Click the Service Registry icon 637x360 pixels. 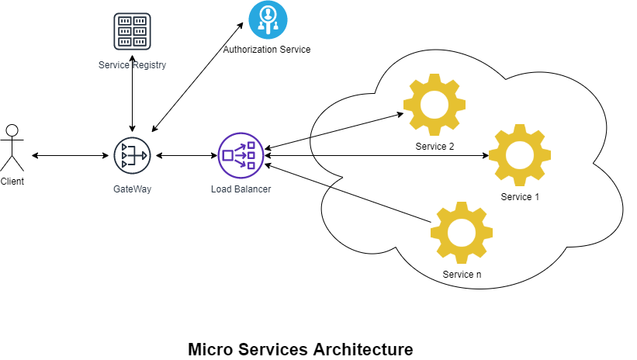[132, 31]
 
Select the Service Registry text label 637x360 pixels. [132, 65]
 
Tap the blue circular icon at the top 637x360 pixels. [268, 19]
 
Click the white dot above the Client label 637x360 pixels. [12, 130]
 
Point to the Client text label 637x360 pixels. [12, 182]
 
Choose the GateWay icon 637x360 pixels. [132, 155]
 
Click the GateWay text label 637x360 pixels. [132, 189]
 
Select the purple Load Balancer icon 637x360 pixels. [241, 155]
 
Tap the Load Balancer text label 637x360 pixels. [241, 189]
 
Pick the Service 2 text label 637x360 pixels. [434, 147]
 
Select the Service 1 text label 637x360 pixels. [520, 197]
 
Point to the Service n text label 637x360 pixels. [462, 275]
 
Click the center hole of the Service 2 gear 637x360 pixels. [434, 105]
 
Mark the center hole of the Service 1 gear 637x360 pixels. [520, 155]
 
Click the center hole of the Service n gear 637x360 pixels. [462, 233]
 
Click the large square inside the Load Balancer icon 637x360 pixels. [227, 155]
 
